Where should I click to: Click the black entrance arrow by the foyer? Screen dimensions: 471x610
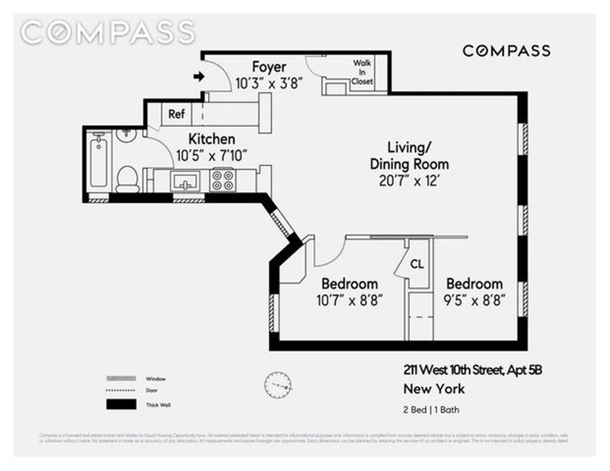tap(199, 77)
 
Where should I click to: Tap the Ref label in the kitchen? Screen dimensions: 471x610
tap(176, 114)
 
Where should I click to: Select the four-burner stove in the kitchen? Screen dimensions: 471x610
tap(223, 180)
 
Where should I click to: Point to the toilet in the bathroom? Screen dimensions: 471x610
tap(127, 179)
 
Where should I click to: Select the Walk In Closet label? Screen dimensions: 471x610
tap(363, 72)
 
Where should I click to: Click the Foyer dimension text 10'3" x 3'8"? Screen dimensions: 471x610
tap(269, 83)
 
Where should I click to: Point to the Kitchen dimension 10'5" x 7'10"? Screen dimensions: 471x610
tap(211, 155)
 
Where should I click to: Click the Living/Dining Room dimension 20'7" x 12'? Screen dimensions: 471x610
tap(409, 181)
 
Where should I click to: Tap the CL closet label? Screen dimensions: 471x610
tap(417, 265)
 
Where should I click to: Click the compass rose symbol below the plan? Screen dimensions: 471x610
tap(278, 385)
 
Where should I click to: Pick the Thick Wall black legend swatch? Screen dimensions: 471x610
tap(121, 404)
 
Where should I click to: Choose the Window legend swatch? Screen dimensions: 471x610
tap(121, 379)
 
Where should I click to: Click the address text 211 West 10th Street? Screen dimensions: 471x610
tap(472, 371)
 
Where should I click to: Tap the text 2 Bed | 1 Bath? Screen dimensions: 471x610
tap(431, 410)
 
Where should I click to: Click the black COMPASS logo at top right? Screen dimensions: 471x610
tap(506, 51)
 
